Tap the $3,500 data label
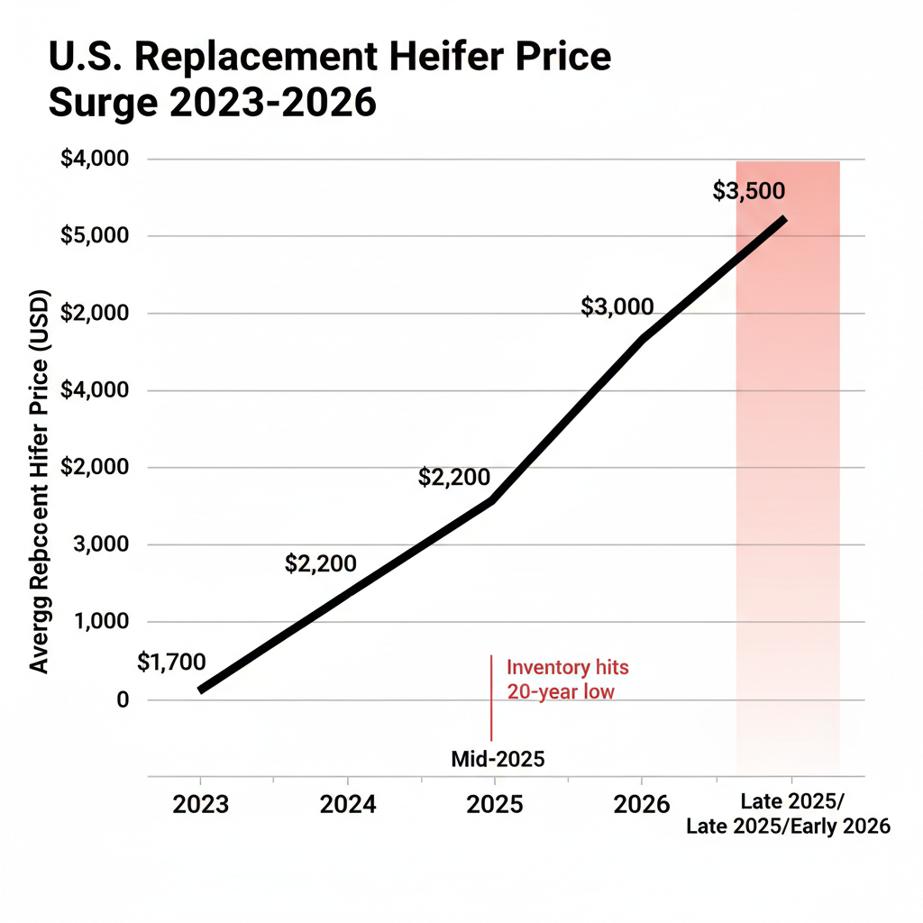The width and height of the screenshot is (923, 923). click(748, 191)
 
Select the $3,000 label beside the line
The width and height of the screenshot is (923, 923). click(617, 306)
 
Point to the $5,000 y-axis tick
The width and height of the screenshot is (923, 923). click(95, 236)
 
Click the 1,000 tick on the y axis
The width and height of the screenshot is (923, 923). click(101, 623)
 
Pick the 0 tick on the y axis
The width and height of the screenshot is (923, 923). click(123, 700)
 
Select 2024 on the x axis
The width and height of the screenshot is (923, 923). click(347, 804)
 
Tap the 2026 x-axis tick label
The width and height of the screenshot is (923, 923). click(641, 804)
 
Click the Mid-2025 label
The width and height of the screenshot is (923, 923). click(498, 759)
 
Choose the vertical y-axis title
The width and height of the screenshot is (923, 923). click(40, 481)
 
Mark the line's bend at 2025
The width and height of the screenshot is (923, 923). click(492, 499)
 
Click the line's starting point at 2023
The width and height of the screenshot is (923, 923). click(201, 690)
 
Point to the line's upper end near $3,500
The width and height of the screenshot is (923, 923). click(784, 219)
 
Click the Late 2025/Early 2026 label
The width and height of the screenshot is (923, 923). click(788, 826)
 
